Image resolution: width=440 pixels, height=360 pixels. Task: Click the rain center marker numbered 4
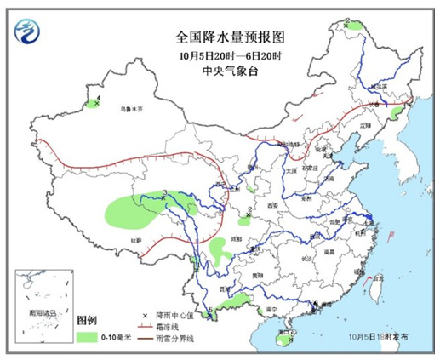pos(94,104)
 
